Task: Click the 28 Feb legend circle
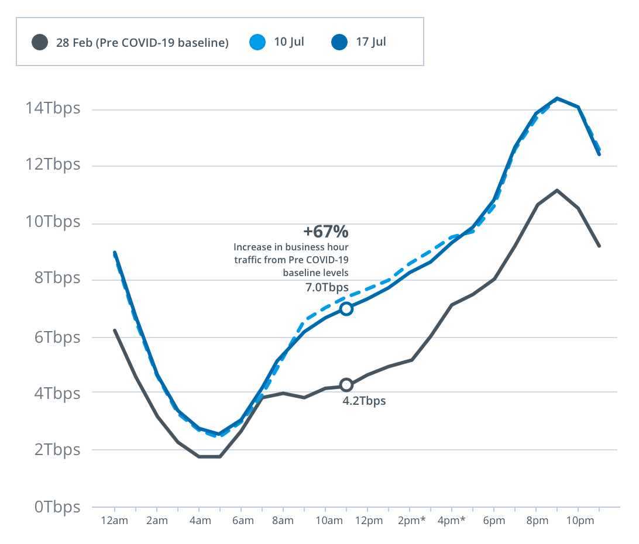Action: [40, 42]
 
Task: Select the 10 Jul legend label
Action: [289, 42]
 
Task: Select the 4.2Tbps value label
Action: [364, 401]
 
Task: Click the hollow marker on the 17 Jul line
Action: [346, 308]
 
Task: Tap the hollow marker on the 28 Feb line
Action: [346, 385]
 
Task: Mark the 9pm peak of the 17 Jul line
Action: [557, 98]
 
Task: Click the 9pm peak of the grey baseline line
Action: [557, 190]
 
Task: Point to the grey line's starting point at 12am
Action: [115, 330]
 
